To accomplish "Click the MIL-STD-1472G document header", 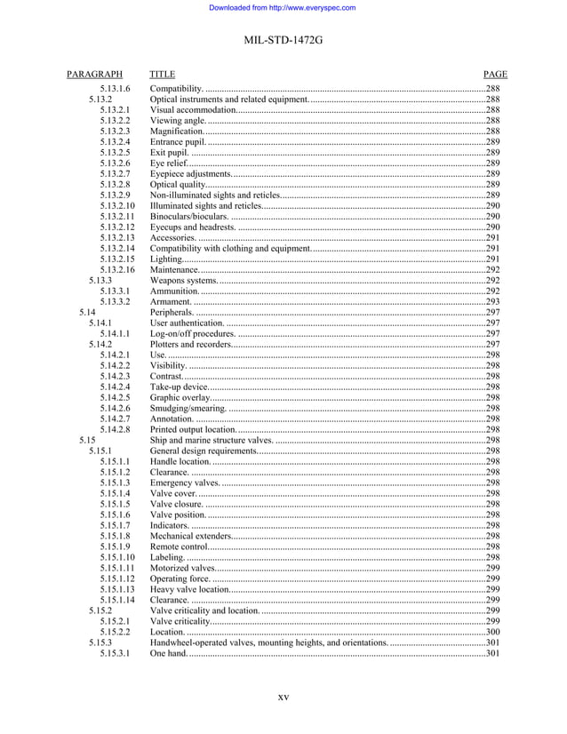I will point(283,40).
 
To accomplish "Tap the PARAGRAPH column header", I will point(94,75).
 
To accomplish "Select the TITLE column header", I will point(163,75).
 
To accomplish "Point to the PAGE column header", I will point(495,75).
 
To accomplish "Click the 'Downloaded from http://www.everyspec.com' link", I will point(282,8).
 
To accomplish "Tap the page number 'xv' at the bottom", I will point(283,698).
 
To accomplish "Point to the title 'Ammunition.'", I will point(175,291).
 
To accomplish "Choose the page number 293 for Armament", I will point(492,302).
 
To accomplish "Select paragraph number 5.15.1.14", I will point(117,601).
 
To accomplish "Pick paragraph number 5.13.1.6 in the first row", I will point(116,89).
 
